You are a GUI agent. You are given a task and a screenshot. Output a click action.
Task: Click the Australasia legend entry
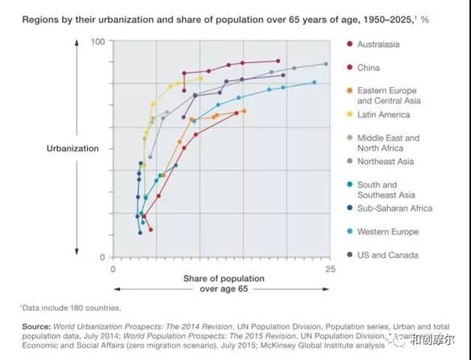point(378,44)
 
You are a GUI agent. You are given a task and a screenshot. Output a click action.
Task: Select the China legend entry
point(368,67)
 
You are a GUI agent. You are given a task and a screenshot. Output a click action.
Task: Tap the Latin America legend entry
point(383,115)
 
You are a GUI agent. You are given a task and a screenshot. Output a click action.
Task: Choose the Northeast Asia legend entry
point(385,162)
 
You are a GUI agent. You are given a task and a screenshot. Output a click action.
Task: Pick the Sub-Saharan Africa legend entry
point(394,209)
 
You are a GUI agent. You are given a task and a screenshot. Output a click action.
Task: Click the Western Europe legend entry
point(388,232)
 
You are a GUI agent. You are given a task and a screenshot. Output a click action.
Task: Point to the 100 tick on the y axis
point(97,41)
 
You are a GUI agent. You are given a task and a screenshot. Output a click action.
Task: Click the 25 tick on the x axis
point(330,269)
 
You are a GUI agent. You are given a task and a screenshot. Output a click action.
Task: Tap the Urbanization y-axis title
point(72,148)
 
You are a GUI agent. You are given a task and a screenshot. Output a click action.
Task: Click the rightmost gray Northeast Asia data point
point(326,64)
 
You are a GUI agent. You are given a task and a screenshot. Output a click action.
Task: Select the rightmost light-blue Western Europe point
point(315,82)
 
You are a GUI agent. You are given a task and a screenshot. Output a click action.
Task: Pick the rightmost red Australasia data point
point(279,60)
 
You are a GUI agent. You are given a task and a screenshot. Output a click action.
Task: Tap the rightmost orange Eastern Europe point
point(244,111)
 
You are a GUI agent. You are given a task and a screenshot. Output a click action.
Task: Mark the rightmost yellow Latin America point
point(200,78)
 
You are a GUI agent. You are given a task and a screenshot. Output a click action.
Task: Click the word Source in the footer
point(35,325)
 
